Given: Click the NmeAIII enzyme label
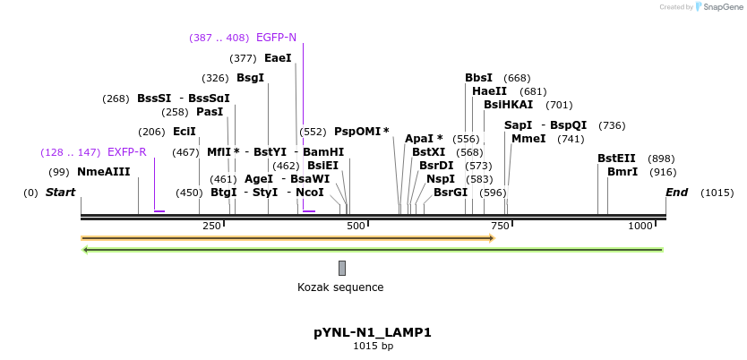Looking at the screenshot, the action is [103, 172].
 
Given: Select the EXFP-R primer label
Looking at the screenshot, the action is [126, 152].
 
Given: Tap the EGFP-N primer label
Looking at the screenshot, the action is [276, 38].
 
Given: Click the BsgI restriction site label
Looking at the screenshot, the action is [250, 78].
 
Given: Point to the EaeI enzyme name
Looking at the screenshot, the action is [278, 58].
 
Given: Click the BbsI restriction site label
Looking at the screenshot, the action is [479, 78].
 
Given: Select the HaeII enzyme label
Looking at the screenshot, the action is [489, 91].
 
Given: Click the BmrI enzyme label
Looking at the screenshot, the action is [622, 172].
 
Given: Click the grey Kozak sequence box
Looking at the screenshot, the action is [342, 268].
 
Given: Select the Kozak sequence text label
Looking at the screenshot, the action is [340, 287].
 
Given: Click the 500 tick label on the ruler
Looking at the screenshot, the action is [356, 226].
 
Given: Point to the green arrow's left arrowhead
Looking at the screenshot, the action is [85, 250].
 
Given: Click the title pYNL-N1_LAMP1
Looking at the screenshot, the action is [373, 332].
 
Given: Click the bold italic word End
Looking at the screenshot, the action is [676, 193].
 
